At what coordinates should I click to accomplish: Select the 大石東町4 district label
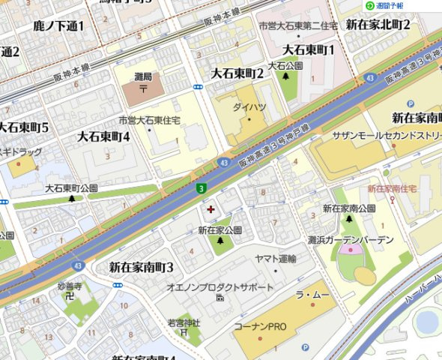(x=104, y=136)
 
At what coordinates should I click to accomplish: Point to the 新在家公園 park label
(x=220, y=230)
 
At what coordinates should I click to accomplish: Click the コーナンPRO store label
(x=261, y=327)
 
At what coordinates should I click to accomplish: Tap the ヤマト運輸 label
(x=276, y=259)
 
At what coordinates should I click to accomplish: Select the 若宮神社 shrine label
(x=184, y=322)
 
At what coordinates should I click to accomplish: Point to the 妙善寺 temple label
(x=69, y=286)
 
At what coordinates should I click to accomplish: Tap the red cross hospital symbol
(x=210, y=208)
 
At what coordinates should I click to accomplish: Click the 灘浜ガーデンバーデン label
(x=351, y=239)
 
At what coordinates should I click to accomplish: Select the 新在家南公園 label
(x=348, y=208)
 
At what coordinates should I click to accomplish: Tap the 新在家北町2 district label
(x=378, y=25)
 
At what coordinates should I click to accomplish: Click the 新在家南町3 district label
(x=142, y=267)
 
